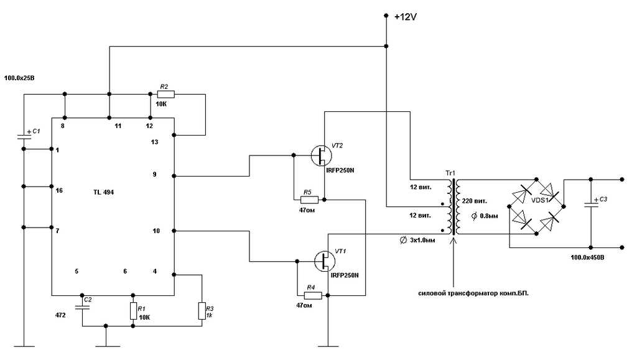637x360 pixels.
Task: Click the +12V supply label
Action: click(405, 17)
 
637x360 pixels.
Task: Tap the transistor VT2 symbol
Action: click(321, 155)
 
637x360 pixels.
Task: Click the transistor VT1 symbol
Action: click(324, 260)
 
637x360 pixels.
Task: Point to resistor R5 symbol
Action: click(309, 200)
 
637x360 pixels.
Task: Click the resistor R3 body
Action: click(202, 310)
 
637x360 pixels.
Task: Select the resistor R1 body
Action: click(133, 310)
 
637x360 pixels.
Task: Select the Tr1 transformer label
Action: click(450, 172)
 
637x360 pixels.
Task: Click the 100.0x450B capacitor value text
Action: click(590, 257)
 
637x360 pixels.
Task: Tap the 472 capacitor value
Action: click(60, 315)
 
